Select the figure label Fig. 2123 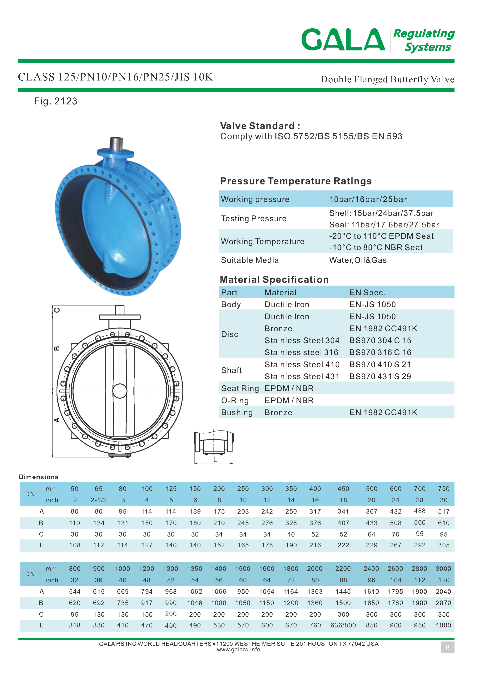click(x=56, y=101)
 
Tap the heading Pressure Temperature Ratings click(x=296, y=181)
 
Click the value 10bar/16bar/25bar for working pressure click(x=368, y=199)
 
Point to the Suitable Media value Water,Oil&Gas click(x=358, y=260)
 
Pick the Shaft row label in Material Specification click(x=231, y=370)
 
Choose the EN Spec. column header click(x=367, y=293)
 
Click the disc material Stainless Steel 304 click(x=302, y=341)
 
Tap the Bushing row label click(x=237, y=413)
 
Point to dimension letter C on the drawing click(x=57, y=310)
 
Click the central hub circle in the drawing click(x=120, y=391)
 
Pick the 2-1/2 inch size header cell click(x=98, y=500)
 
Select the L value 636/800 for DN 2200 click(x=343, y=625)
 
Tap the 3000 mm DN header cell click(x=443, y=569)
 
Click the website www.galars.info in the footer click(x=238, y=650)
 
